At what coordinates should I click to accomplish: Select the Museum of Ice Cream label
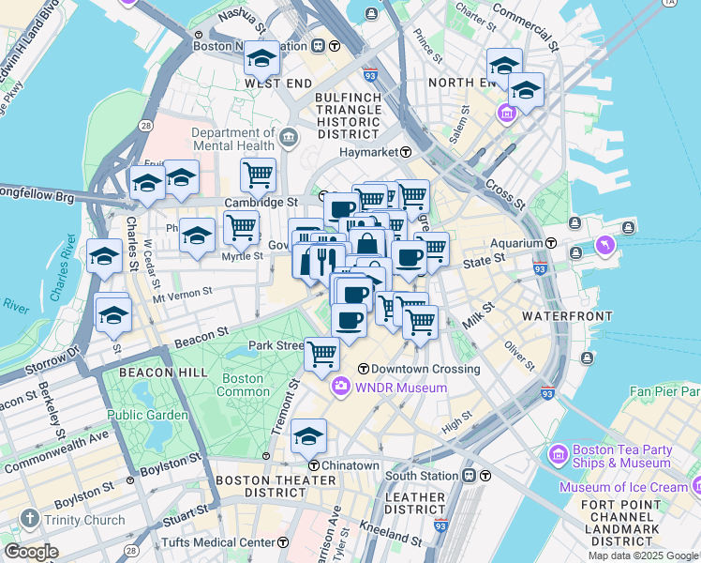click(x=623, y=487)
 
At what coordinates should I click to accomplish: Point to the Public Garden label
click(x=147, y=415)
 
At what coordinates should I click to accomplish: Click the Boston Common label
click(x=241, y=385)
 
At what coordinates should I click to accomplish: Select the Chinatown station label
click(x=350, y=465)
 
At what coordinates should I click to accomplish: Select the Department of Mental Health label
click(x=233, y=139)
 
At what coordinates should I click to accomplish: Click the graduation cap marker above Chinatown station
click(x=309, y=436)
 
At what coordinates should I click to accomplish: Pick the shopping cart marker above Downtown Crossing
click(x=321, y=355)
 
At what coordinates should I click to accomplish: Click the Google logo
click(x=32, y=552)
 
